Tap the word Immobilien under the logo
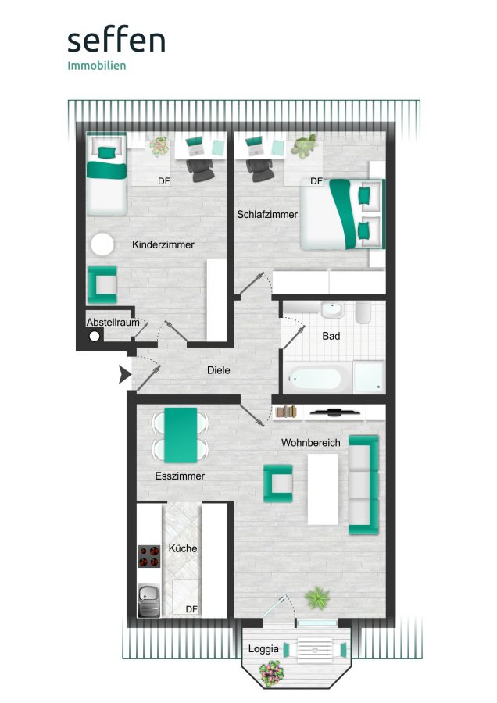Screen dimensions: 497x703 (x=96, y=66)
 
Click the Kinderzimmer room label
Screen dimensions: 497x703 (x=163, y=244)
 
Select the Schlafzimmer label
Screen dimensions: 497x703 (x=267, y=214)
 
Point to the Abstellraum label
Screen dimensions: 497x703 (x=113, y=323)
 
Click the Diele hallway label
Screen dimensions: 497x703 (x=219, y=370)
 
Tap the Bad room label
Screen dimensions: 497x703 (x=331, y=336)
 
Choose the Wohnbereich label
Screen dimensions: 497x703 (x=311, y=443)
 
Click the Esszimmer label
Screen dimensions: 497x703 (x=180, y=476)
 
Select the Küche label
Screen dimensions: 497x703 (x=183, y=548)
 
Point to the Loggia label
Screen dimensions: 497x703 (x=263, y=649)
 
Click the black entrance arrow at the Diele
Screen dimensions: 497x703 (x=124, y=374)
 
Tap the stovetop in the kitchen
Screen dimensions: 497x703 (x=149, y=556)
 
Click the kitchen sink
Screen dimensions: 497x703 (x=149, y=601)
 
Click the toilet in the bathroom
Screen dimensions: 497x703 (x=363, y=312)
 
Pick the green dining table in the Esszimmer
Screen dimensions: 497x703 (x=181, y=435)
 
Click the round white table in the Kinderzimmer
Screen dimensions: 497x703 (x=102, y=244)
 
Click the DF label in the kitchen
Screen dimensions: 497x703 (x=191, y=609)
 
